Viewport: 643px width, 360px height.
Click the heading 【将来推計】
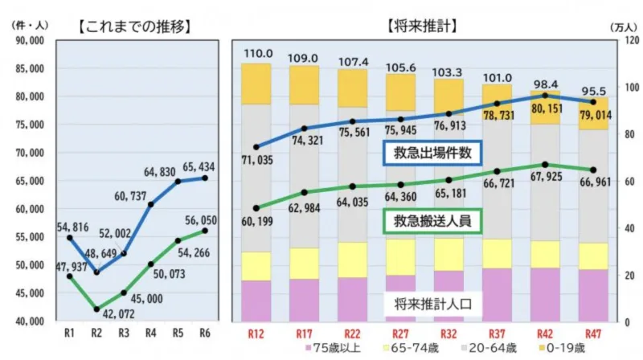421,25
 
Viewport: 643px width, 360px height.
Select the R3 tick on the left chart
123,333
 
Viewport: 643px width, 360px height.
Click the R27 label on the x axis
400,333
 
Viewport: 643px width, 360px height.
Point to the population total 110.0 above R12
256,53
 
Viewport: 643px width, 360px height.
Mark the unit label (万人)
616,26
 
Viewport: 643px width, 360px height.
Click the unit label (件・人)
31,25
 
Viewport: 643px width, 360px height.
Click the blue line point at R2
96,272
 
